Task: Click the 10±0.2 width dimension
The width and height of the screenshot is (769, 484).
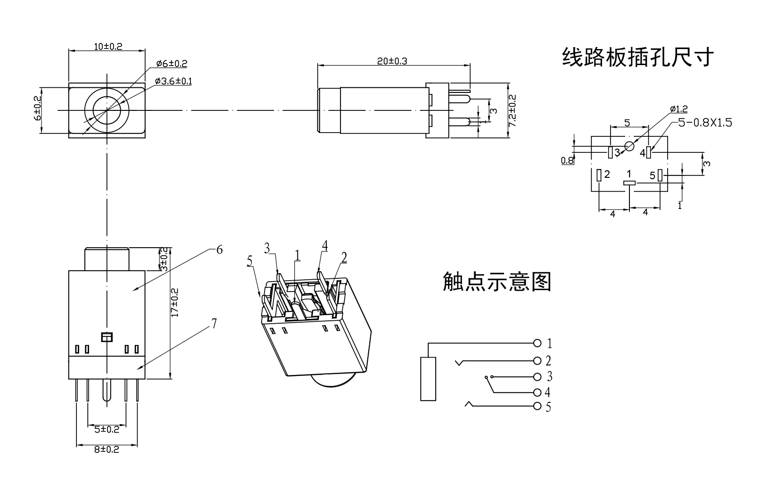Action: [x=108, y=46]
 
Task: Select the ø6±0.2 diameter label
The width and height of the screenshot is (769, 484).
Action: [x=172, y=63]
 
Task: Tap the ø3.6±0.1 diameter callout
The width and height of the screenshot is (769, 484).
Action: [x=173, y=81]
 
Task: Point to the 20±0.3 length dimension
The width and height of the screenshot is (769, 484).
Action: [x=392, y=60]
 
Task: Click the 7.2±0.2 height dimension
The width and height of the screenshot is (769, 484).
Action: [x=513, y=111]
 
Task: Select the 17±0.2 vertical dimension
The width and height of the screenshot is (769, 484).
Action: [x=174, y=302]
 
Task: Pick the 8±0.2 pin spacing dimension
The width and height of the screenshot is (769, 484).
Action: [x=107, y=450]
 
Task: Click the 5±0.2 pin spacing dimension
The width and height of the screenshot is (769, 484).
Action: [x=107, y=429]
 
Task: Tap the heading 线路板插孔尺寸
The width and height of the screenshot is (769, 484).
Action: [x=637, y=58]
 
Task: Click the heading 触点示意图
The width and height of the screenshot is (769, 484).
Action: [x=497, y=282]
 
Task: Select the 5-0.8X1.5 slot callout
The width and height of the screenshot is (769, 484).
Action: [x=705, y=123]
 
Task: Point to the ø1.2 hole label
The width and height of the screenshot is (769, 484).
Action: [x=679, y=109]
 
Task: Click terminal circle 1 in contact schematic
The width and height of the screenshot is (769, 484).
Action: [x=537, y=343]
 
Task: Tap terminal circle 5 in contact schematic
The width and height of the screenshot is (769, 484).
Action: [x=537, y=406]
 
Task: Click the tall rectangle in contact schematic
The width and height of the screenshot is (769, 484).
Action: [x=428, y=379]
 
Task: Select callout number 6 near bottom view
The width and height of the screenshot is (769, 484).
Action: [x=219, y=250]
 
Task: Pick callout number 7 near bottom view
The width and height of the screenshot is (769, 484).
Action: [x=214, y=324]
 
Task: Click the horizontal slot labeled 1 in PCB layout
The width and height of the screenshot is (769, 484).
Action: [x=629, y=183]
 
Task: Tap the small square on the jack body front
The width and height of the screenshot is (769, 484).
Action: [x=107, y=337]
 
